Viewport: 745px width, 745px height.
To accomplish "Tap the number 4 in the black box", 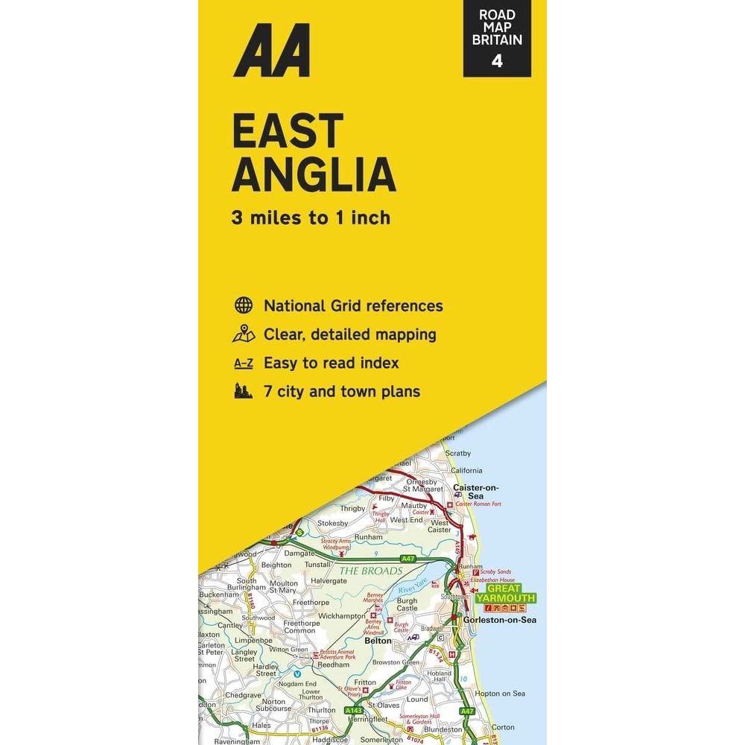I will [x=497, y=60].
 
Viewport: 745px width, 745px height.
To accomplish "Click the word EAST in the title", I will [x=288, y=131].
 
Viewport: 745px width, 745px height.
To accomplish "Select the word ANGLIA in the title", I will [x=314, y=175].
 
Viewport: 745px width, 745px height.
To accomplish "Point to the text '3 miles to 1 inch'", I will [x=311, y=218].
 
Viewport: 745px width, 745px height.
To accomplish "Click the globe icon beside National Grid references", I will [x=243, y=305].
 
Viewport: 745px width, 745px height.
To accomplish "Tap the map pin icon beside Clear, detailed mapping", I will [x=243, y=335].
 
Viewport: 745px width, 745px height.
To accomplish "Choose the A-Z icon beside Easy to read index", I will [x=243, y=364].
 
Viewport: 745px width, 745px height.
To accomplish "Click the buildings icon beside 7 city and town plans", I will [x=243, y=391].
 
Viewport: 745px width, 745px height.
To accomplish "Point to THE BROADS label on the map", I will [x=371, y=571].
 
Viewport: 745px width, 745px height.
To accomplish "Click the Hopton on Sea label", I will [x=498, y=694].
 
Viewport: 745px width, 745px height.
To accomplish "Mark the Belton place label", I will [x=378, y=640].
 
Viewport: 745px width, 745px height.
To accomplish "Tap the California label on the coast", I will [x=466, y=470].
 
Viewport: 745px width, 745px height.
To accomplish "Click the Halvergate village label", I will [x=329, y=580].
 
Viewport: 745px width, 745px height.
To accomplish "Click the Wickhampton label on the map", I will [x=341, y=616].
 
